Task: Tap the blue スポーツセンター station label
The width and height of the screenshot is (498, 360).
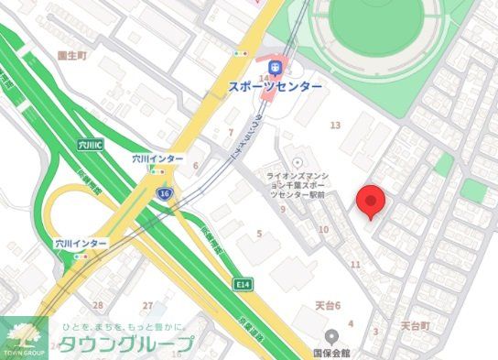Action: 275,86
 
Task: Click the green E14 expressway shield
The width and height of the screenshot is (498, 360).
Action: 242,283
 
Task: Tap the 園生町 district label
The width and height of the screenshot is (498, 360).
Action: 70,55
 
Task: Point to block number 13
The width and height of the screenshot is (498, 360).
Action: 335,125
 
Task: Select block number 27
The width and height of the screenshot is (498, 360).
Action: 147,305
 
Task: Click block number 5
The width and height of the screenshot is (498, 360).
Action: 260,235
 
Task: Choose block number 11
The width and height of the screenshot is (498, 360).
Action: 355,264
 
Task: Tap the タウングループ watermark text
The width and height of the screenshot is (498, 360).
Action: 127,344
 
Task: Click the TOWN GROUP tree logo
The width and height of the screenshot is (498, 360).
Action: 25,336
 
